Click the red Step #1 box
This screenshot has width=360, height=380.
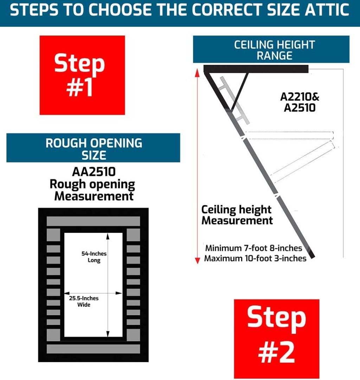click(x=82, y=75)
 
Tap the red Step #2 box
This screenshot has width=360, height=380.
click(x=276, y=338)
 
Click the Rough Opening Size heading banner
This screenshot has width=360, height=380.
click(x=93, y=148)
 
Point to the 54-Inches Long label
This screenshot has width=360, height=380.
click(x=94, y=257)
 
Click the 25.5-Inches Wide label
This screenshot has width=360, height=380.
click(x=84, y=301)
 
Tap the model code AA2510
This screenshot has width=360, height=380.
click(x=94, y=172)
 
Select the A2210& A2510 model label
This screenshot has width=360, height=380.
click(x=300, y=102)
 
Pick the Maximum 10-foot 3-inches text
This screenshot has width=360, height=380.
click(x=255, y=259)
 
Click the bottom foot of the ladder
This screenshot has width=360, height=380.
click(x=312, y=254)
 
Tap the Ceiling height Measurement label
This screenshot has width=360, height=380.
click(x=237, y=215)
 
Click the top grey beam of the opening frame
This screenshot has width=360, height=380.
click(x=93, y=221)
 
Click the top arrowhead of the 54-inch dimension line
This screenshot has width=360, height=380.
click(x=108, y=236)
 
